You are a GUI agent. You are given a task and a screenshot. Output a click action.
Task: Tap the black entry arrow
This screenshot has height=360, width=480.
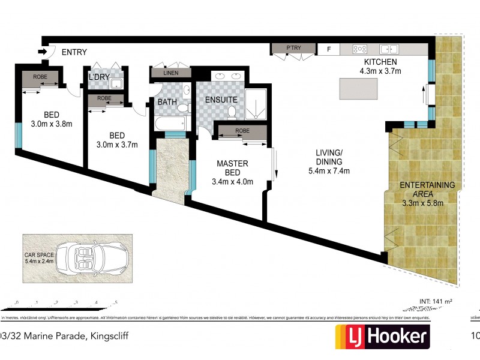click(43, 52)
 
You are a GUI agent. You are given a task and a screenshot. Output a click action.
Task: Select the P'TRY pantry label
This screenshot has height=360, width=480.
click(293, 48)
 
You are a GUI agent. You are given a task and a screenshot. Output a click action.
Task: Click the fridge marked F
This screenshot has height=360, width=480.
click(328, 49)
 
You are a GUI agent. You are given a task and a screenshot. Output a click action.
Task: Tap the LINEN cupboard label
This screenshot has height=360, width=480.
click(170, 73)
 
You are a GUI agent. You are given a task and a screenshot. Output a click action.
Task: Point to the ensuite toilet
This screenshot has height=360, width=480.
click(232, 111)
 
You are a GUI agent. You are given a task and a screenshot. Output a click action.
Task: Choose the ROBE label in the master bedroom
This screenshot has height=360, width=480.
click(242, 131)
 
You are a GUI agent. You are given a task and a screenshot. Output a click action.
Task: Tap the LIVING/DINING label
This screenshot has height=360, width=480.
click(328, 157)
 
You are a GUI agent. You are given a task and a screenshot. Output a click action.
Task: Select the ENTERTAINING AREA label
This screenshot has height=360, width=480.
click(427, 190)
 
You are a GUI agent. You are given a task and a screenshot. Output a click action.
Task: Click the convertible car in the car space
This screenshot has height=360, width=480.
click(92, 259)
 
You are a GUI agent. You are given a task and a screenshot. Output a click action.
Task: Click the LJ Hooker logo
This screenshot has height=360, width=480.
click(382, 337)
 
